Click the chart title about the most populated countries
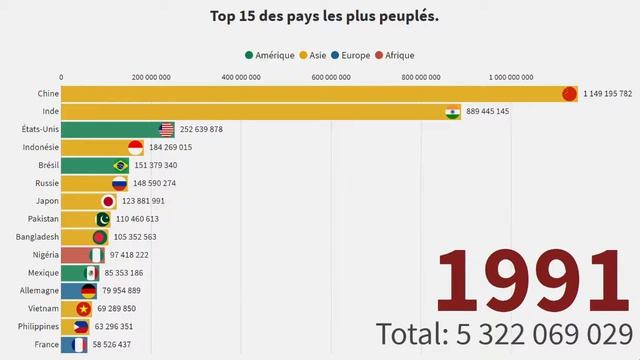point(324,17)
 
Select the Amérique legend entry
point(275,55)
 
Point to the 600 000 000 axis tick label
point(329,76)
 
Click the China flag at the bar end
point(570,94)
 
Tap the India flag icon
point(453,111)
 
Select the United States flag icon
point(167,129)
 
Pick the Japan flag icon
point(110,201)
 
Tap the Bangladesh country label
point(37,237)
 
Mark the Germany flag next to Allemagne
point(89,291)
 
